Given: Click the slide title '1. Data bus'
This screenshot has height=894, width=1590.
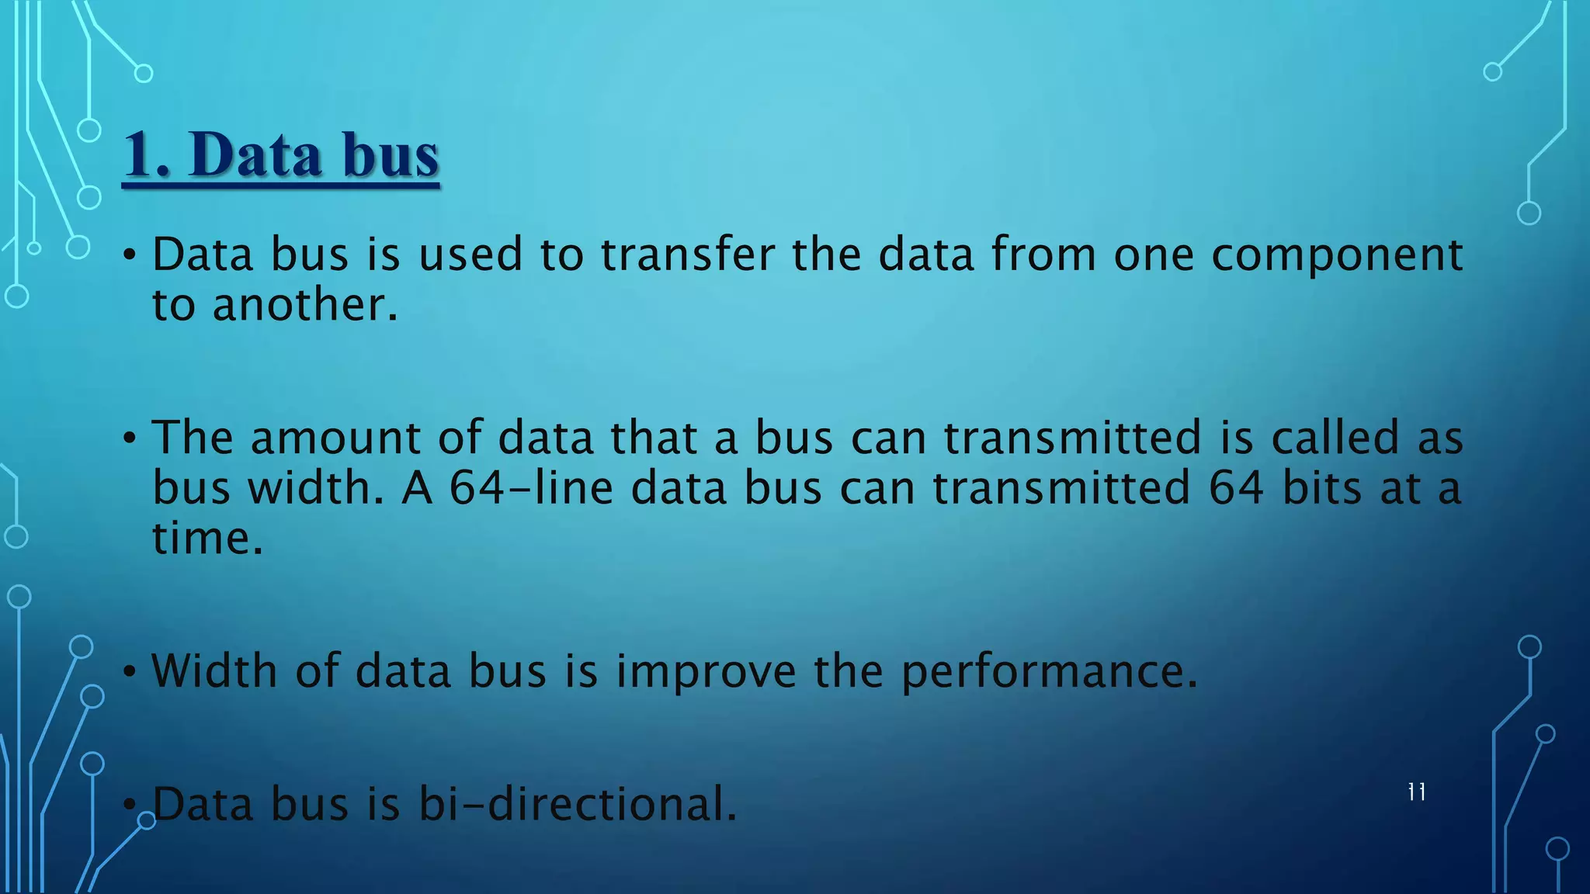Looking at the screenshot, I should pyautogui.click(x=281, y=154).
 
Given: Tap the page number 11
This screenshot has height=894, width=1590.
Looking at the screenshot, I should pyautogui.click(x=1416, y=792).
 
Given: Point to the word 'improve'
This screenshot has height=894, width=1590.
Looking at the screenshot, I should pyautogui.click(x=706, y=672).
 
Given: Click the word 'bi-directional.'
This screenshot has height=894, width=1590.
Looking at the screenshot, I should pyautogui.click(x=578, y=804).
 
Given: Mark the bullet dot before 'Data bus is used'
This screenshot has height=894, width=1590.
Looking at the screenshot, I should pyautogui.click(x=130, y=255).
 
